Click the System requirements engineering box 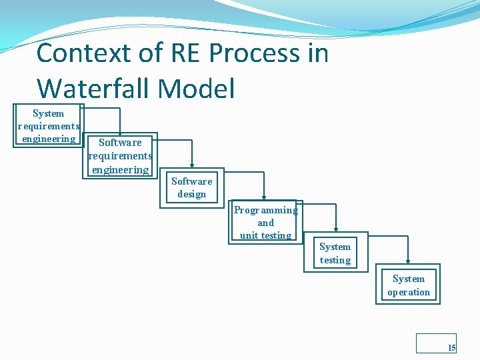click(48, 125)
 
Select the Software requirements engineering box click(120, 155)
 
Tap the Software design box click(191, 187)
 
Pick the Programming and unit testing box click(265, 222)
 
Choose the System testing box click(335, 253)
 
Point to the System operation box click(409, 285)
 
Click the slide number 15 click(451, 347)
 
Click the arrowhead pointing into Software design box click(192, 165)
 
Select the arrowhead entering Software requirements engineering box click(120, 133)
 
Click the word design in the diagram click(191, 194)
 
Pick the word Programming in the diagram click(265, 210)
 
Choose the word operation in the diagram click(409, 292)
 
